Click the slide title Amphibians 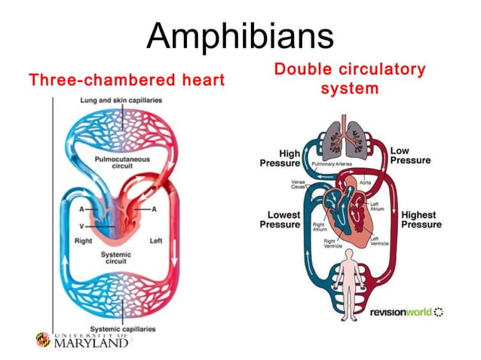tap(240, 35)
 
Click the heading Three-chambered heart tap(127, 80)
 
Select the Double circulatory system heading tap(349, 79)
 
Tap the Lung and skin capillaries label tap(122, 102)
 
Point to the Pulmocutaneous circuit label tap(122, 163)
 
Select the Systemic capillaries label tap(123, 329)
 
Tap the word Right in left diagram tap(84, 241)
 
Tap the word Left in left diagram tap(156, 241)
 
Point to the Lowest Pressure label tap(280, 220)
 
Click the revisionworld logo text tap(400, 312)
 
